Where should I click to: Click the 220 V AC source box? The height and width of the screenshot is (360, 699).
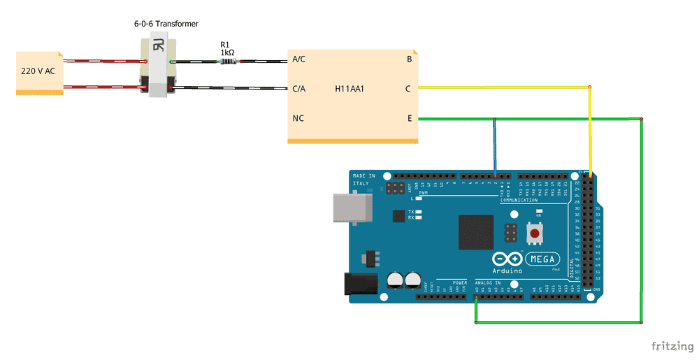coord(39,72)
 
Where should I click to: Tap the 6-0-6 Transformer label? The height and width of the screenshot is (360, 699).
coord(166,24)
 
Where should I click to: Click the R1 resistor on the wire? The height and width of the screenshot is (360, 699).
coord(228,62)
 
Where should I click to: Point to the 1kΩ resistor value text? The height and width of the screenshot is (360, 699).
coord(227,52)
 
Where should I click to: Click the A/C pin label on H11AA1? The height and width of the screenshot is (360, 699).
coord(298,59)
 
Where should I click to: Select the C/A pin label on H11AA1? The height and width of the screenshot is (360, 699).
coord(298,89)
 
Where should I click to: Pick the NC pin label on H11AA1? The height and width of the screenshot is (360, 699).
coord(298,119)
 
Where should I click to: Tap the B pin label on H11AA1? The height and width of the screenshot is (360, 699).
coord(409,59)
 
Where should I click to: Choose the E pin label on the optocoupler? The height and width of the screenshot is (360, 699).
coord(409,119)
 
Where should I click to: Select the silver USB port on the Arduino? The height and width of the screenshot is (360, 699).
coord(353,208)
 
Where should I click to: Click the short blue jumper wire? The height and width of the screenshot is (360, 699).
coord(495,147)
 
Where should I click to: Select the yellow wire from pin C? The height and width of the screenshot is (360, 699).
coord(503,87)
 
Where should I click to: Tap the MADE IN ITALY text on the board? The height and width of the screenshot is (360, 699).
coord(363,179)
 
